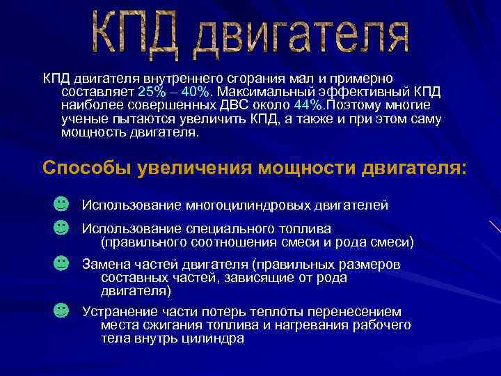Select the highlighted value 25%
click(x=150, y=93)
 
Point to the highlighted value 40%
click(x=193, y=93)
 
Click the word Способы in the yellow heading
click(x=88, y=169)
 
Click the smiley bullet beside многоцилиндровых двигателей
click(x=61, y=203)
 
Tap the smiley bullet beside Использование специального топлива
click(x=61, y=227)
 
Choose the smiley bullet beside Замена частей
click(x=61, y=263)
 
